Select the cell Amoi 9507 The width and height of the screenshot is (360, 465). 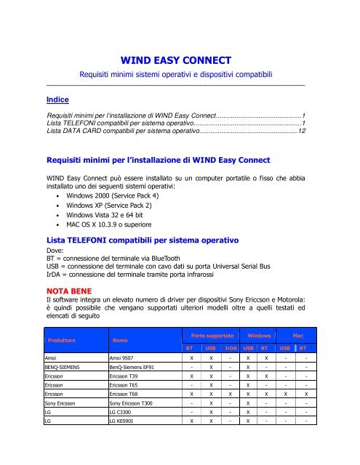tap(126, 359)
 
